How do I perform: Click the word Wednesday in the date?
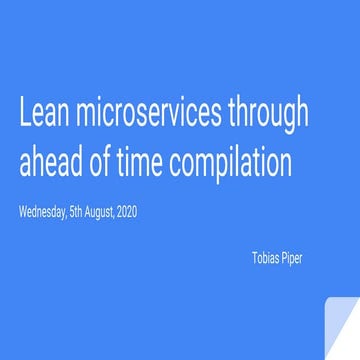[42, 214]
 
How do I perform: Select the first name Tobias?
[265, 256]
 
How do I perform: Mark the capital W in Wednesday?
[22, 213]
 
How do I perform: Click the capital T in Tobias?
[253, 256]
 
